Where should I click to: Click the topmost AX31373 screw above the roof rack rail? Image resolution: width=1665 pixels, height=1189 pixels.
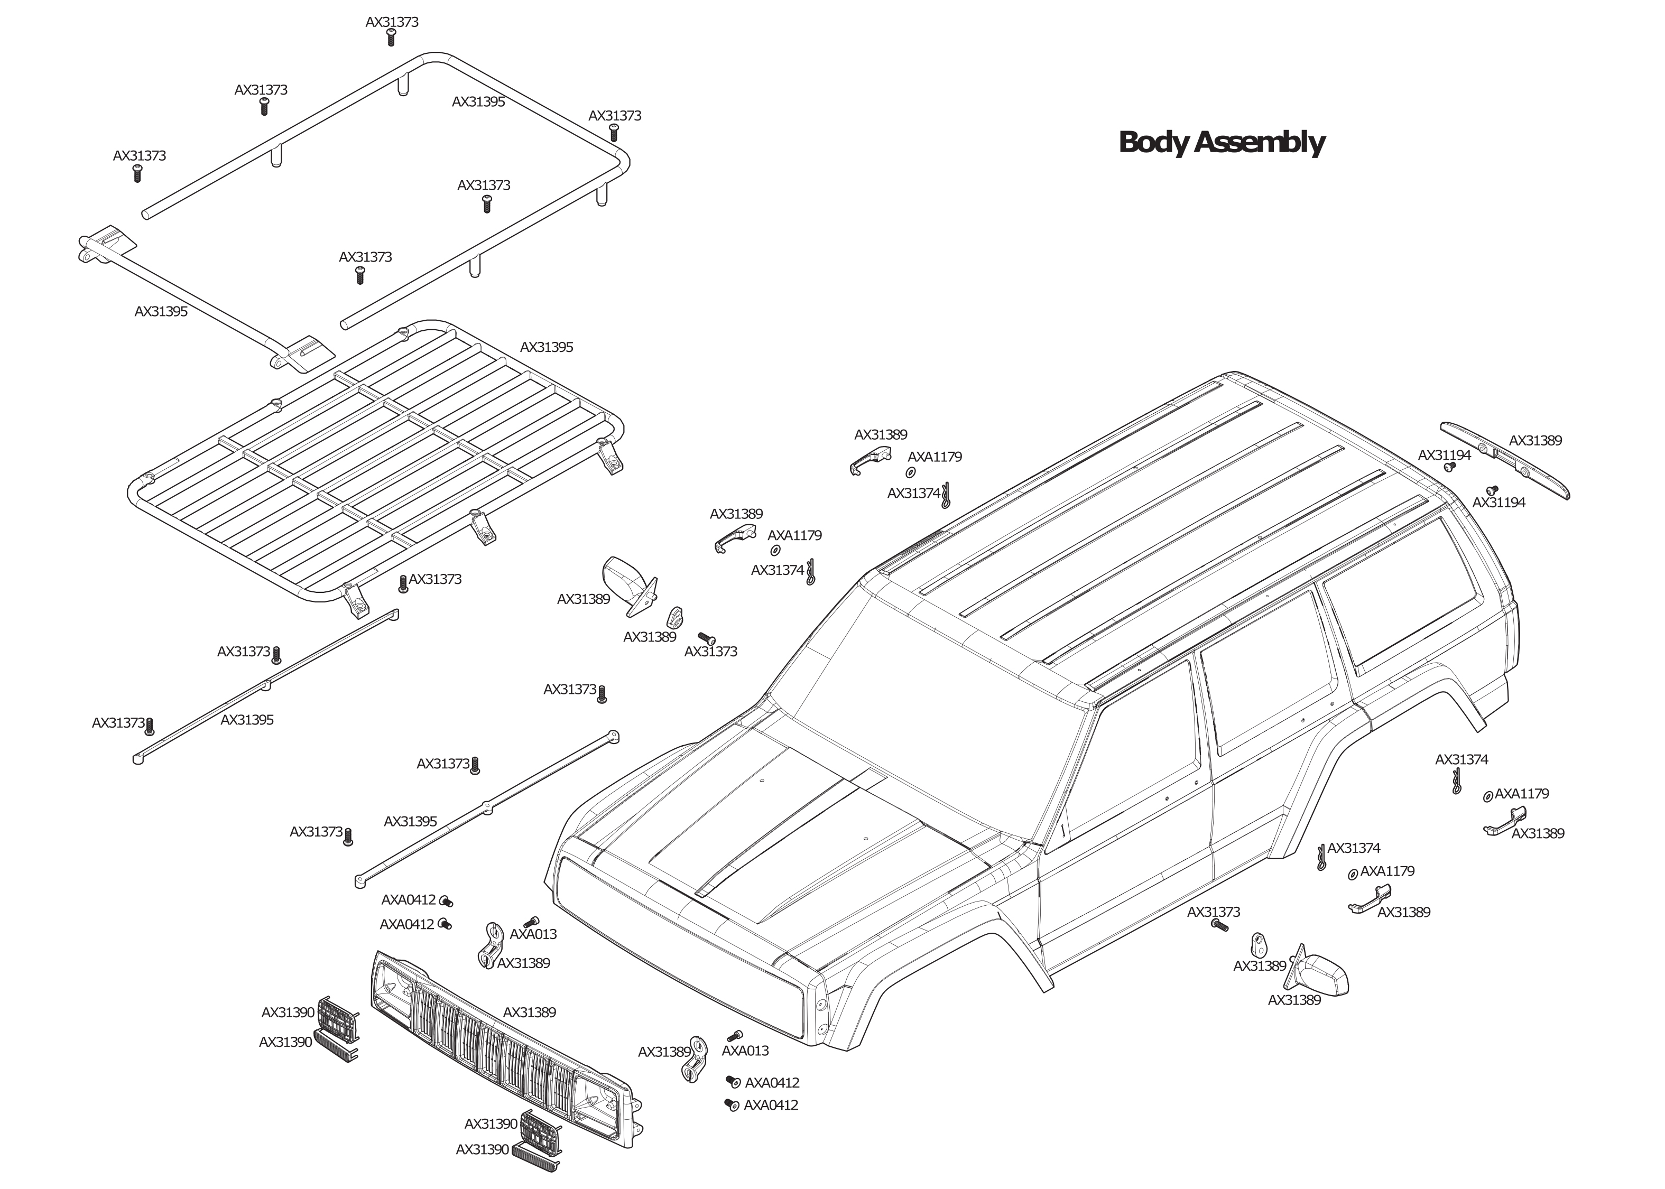391,38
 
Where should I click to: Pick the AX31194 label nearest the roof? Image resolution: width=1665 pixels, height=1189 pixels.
1444,456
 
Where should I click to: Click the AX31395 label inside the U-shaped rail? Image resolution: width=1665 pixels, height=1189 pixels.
478,103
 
